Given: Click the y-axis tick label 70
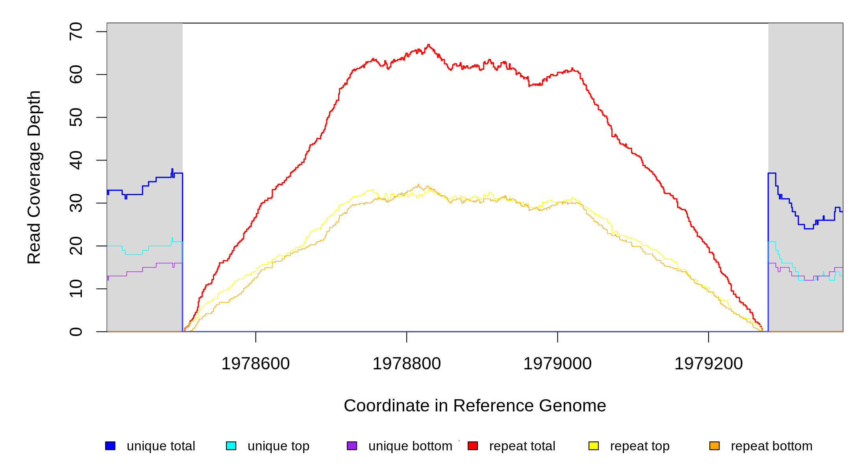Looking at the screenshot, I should (x=76, y=31).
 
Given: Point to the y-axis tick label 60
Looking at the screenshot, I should (x=76, y=74).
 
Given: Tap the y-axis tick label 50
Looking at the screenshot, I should (x=76, y=117).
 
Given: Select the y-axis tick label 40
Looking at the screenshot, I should (x=76, y=160).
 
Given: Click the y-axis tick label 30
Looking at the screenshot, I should (x=76, y=203).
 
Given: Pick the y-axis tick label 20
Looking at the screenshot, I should (x=76, y=246).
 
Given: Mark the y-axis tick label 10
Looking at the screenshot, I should (x=76, y=289).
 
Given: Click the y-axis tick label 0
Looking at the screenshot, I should (x=76, y=332).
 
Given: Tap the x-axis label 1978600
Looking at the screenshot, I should (x=255, y=363).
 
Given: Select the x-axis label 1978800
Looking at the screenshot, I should (x=407, y=363).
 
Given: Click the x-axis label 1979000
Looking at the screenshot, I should (x=557, y=363).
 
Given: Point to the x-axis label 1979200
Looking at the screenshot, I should (x=709, y=363).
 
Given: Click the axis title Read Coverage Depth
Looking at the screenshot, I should (x=34, y=177).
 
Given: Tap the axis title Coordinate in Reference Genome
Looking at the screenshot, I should (x=475, y=406).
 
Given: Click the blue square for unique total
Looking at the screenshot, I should (x=110, y=446).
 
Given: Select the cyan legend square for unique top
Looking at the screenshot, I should (x=231, y=446).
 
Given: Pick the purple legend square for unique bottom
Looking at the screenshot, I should (x=352, y=446).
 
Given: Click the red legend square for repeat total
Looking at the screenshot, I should (x=473, y=446).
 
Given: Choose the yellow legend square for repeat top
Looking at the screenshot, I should (x=594, y=446).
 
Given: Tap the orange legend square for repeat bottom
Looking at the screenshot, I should (x=714, y=446).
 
